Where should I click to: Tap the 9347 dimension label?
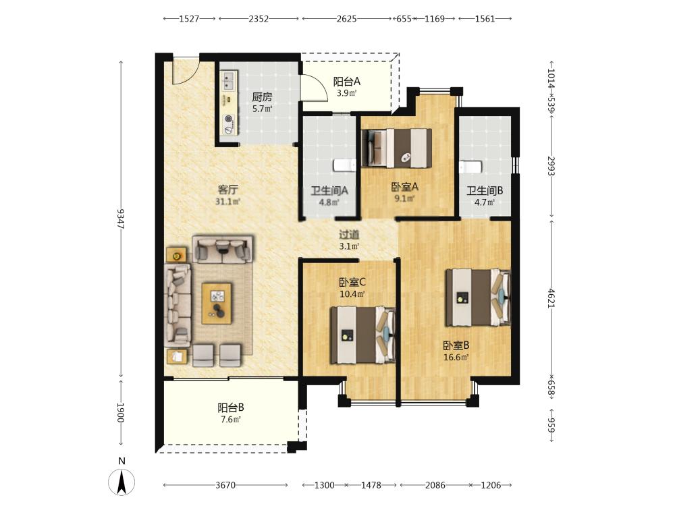pos(121,219)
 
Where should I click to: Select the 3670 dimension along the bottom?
pos(225,485)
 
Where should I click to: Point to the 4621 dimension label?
pos(551,298)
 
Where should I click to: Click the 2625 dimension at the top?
pos(346,18)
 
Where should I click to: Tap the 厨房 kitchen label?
pos(262,96)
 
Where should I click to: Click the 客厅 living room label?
pos(227,190)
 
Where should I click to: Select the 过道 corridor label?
pos(349,235)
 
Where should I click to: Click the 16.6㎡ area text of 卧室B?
pos(456,357)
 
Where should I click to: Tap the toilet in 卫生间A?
pos(345,165)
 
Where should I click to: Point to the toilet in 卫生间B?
pos(470,167)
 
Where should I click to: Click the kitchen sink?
pos(229,81)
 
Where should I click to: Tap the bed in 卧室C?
pos(362,335)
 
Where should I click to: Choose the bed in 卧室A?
pos(397,148)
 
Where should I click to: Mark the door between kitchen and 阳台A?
pos(313,88)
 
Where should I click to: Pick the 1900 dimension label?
pos(121,413)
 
